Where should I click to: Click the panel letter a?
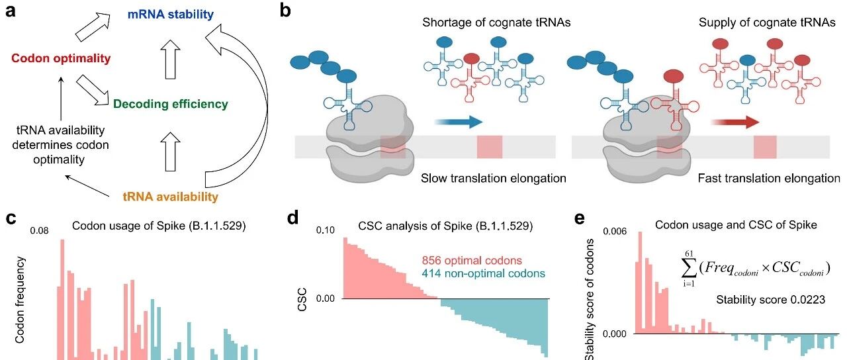pos(11,12)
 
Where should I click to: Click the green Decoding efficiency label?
pos(170,104)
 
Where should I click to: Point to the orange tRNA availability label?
pos(170,197)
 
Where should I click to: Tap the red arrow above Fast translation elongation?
pos(735,122)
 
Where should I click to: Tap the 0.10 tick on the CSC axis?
pos(325,230)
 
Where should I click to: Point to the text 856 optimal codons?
pos(472,260)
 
